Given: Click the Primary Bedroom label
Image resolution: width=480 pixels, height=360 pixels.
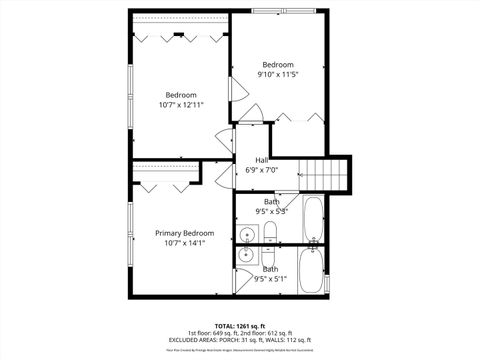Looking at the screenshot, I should click(184, 233).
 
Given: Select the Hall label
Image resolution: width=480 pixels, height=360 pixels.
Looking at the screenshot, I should click(261, 160).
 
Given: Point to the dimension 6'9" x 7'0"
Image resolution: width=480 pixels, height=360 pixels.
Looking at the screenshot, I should click(261, 170).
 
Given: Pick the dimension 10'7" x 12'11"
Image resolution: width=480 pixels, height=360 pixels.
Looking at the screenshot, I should click(181, 105).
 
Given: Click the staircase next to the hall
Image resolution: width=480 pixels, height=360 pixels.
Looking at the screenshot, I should click(325, 174).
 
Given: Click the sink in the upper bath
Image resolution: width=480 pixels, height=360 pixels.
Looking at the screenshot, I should click(247, 236).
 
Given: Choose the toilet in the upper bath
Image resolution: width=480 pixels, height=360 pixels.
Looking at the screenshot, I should click(270, 235).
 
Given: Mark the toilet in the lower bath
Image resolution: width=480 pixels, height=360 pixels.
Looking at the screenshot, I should click(270, 256).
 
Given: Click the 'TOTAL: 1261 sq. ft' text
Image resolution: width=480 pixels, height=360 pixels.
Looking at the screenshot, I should click(239, 325).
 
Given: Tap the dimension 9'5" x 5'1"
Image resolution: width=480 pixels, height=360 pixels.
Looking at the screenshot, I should click(271, 279).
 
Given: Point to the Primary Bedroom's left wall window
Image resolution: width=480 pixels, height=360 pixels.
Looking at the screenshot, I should click(129, 232).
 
